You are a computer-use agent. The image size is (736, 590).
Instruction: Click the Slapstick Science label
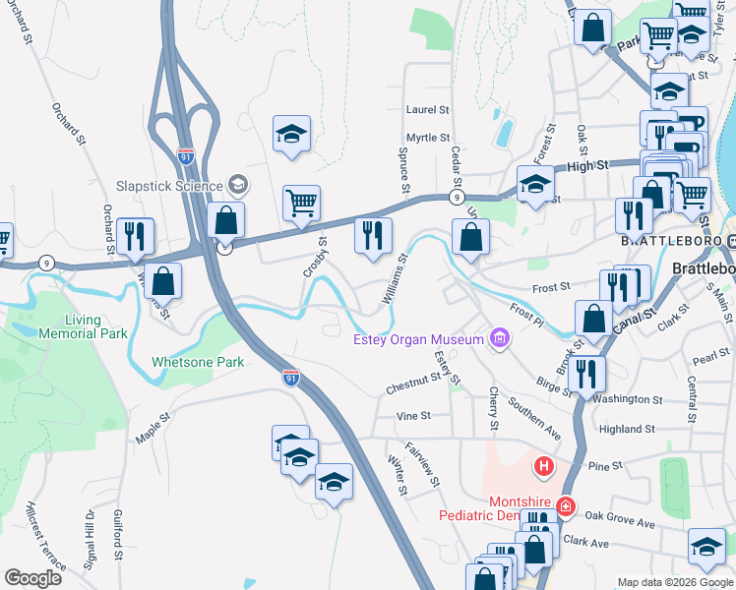(170, 184)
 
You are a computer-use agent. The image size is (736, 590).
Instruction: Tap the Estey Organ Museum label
(419, 340)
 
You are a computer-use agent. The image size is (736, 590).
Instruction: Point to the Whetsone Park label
(198, 362)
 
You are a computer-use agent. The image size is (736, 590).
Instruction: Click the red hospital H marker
(541, 464)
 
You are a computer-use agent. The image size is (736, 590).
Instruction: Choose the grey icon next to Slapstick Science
(237, 184)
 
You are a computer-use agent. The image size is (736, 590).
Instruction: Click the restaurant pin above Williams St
(373, 236)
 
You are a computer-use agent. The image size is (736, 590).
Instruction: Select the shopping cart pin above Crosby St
(301, 204)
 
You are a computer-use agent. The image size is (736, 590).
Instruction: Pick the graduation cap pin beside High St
(535, 185)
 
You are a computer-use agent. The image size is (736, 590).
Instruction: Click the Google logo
(32, 578)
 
